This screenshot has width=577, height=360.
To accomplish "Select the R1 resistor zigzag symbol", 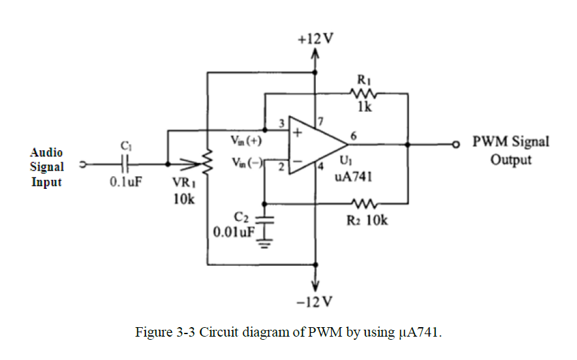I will click(x=363, y=93).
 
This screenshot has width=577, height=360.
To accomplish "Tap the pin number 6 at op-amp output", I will click(x=353, y=135).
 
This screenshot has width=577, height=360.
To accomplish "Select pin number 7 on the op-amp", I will click(x=320, y=120).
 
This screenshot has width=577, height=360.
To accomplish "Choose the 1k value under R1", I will click(x=364, y=108).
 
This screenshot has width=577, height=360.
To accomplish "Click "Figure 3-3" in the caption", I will click(x=166, y=332).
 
